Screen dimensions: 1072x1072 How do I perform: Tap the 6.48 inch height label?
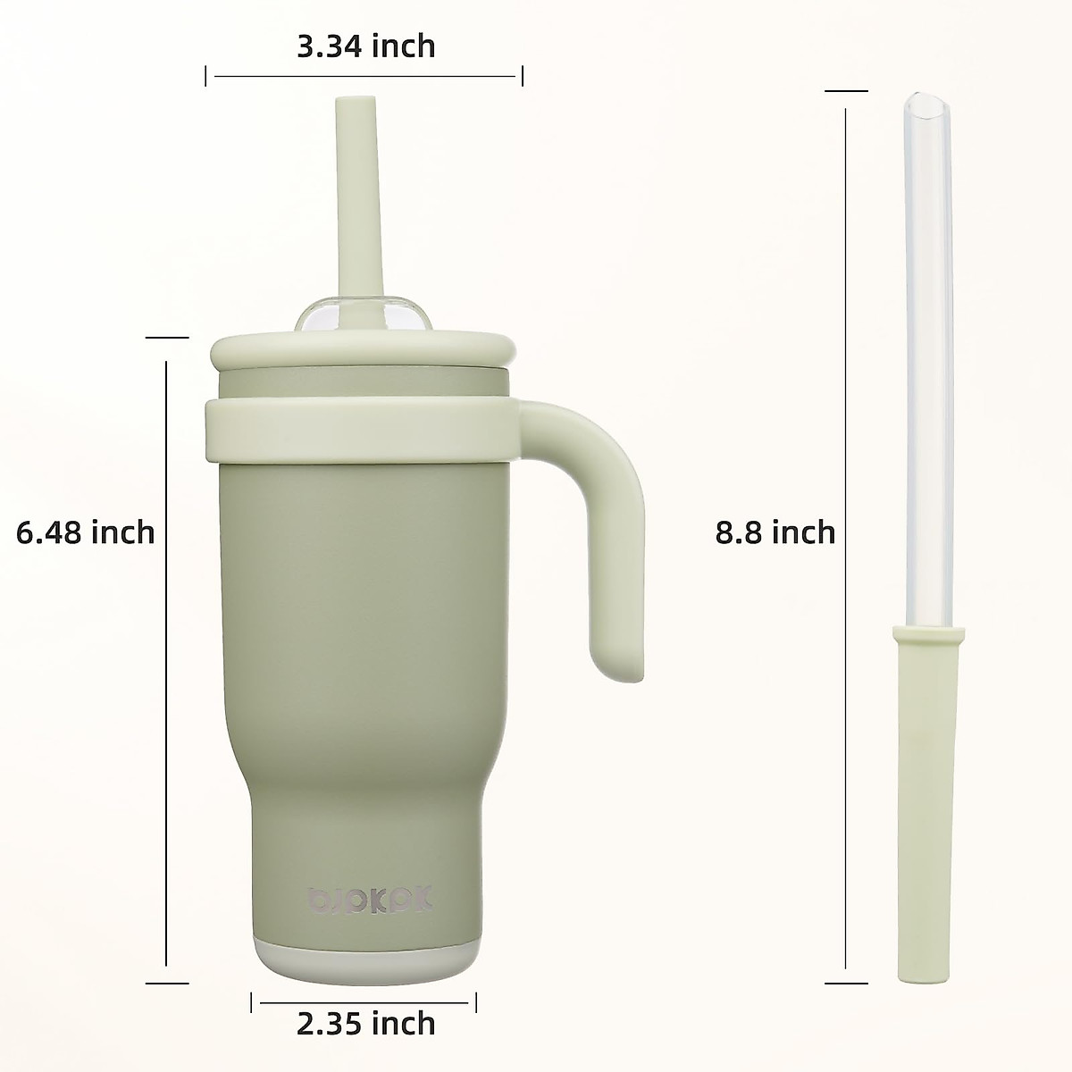[86, 532]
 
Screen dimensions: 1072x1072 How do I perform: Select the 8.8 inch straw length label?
[775, 532]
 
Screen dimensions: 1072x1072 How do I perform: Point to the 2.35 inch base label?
[366, 1022]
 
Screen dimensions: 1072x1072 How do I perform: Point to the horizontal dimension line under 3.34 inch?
[366, 77]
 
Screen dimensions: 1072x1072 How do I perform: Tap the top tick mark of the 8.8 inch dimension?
[846, 90]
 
